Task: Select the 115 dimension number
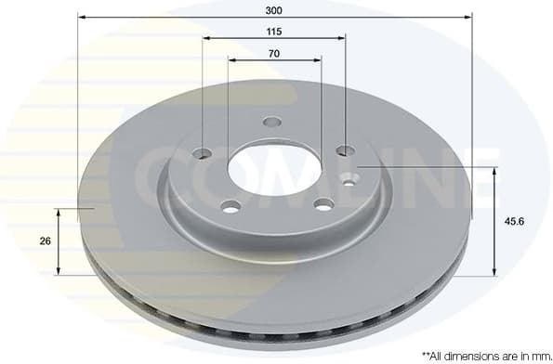tap(274, 31)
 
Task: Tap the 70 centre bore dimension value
tap(274, 53)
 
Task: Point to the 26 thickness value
tap(45, 240)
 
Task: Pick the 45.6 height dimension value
tap(512, 221)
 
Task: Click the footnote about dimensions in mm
tap(482, 354)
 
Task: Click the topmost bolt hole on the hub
tap(272, 122)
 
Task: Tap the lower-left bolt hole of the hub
tap(230, 205)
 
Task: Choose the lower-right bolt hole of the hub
tap(323, 204)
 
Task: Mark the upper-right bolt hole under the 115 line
tap(345, 150)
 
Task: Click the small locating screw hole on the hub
tap(349, 181)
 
